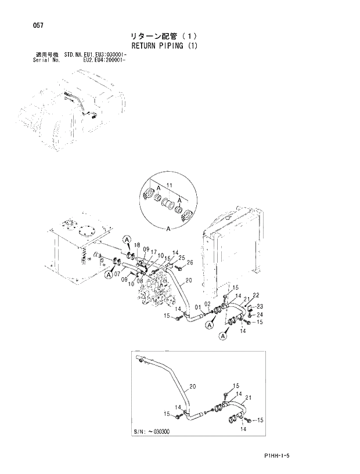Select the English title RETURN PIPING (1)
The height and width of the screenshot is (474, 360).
165,46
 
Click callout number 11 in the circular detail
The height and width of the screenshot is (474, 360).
170,184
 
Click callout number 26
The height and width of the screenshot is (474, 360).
190,262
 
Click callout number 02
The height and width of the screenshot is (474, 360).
207,304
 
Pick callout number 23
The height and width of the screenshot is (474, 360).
260,306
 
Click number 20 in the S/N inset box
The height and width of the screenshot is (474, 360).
193,386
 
